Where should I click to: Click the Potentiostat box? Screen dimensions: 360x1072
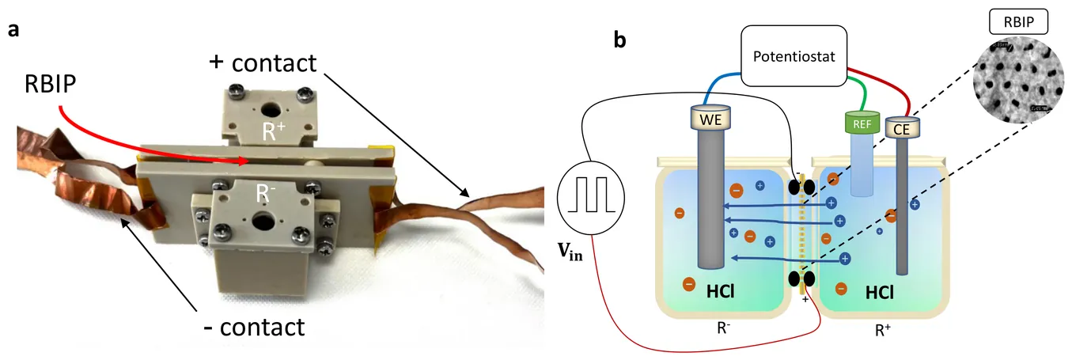click(796, 55)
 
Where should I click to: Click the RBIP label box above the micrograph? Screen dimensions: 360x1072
click(1018, 22)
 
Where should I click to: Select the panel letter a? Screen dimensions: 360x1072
click(14, 31)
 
